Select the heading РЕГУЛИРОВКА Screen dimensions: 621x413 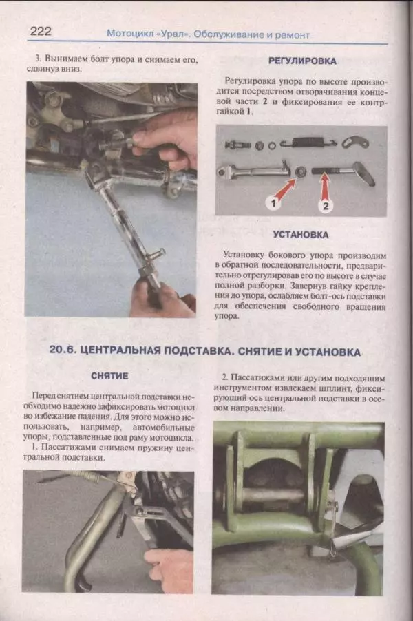point(301,61)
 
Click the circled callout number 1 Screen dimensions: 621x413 point(273,204)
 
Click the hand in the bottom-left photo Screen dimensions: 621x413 point(169,568)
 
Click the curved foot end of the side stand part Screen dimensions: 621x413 point(363,173)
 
